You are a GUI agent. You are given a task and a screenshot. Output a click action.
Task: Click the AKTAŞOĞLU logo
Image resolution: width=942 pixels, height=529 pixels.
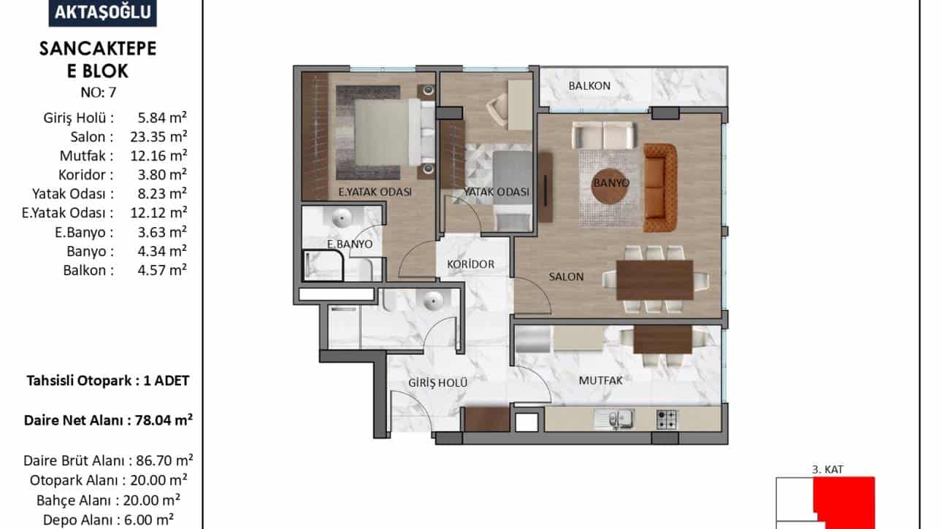click(103, 12)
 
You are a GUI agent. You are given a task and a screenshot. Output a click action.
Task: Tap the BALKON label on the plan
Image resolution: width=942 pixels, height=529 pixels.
click(589, 85)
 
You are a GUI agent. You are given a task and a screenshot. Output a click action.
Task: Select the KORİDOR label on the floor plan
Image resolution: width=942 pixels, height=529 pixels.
click(470, 264)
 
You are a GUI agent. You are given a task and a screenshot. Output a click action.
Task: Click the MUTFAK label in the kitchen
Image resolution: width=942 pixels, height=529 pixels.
click(600, 380)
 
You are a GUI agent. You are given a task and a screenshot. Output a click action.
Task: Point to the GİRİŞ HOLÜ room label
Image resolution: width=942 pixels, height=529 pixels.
click(438, 383)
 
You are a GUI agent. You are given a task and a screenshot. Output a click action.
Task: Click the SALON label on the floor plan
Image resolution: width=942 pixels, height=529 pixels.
click(566, 277)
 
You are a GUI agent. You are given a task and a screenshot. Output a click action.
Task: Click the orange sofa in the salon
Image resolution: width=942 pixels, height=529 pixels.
click(660, 188)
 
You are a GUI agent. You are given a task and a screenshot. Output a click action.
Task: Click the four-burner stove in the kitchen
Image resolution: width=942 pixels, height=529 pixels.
click(667, 420)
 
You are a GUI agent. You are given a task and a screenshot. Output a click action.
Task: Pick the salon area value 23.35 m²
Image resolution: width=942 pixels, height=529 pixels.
click(158, 136)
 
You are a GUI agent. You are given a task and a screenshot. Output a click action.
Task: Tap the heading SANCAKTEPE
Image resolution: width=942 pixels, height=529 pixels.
click(98, 49)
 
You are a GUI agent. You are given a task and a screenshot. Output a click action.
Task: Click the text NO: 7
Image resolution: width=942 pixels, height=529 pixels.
click(99, 93)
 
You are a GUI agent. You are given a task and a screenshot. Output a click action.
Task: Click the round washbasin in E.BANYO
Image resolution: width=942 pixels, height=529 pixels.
click(342, 218)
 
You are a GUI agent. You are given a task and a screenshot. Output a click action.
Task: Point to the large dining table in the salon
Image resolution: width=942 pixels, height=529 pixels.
click(654, 280)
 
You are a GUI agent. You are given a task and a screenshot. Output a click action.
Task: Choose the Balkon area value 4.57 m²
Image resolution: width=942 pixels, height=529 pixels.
click(162, 270)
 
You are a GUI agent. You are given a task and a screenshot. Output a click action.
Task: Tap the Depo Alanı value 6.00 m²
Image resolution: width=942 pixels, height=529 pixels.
click(156, 520)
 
